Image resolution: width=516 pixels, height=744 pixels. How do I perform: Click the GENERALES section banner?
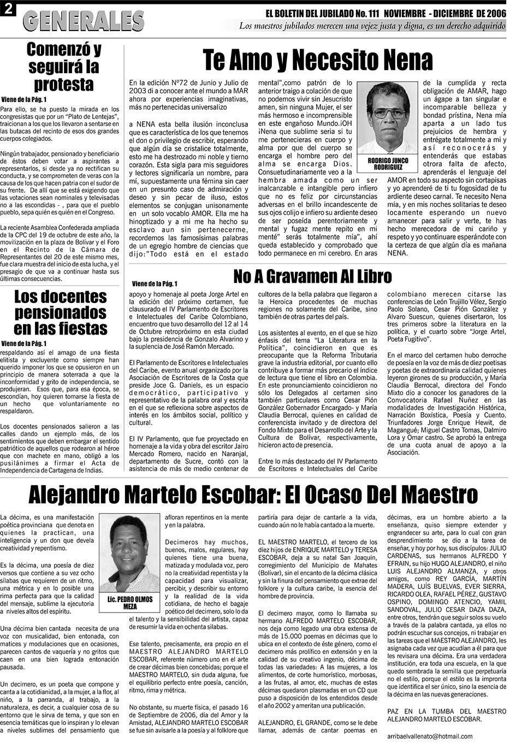tap(84, 21)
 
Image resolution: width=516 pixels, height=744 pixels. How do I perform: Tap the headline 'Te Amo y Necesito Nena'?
tap(317, 60)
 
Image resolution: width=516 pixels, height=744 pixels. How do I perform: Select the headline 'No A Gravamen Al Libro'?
tap(312, 277)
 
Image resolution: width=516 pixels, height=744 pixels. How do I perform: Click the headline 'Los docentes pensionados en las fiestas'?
tap(61, 313)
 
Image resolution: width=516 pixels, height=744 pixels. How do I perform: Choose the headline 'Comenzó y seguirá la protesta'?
tap(64, 67)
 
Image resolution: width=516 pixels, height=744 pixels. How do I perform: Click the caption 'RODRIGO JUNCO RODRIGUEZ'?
tap(388, 164)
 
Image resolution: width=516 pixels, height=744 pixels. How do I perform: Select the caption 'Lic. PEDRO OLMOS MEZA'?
tap(131, 603)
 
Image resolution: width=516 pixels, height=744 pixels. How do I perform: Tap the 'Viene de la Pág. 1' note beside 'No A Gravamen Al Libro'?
tap(155, 283)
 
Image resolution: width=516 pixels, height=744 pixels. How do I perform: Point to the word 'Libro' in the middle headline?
tap(371, 277)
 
